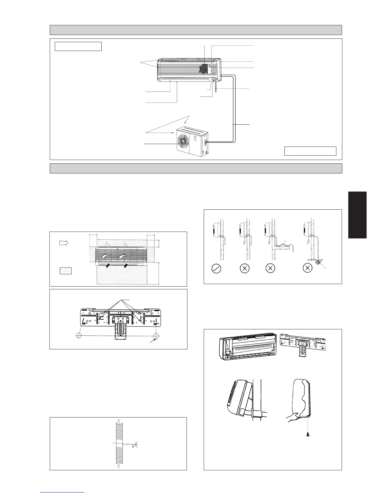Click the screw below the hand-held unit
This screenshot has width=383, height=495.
[x=308, y=434]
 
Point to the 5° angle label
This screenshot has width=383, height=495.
[x=133, y=446]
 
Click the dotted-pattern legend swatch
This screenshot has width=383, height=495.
[x=66, y=271]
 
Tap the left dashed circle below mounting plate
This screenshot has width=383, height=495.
[x=80, y=336]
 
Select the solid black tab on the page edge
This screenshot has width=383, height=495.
[x=357, y=215]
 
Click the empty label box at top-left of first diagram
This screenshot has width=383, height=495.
[x=78, y=46]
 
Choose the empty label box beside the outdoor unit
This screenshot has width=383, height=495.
[x=310, y=151]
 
